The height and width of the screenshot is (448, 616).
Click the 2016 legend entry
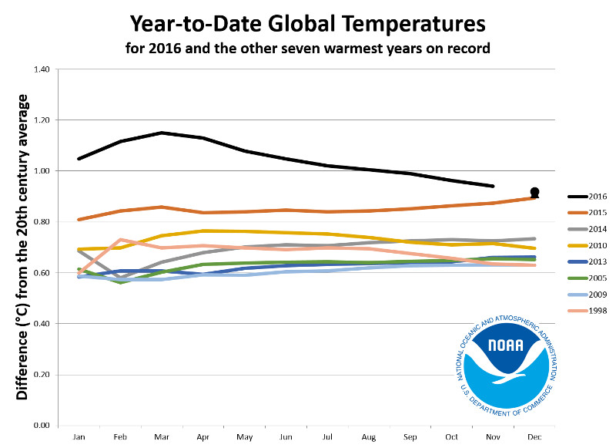pos(591,196)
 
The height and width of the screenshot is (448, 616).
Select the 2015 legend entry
pos(591,212)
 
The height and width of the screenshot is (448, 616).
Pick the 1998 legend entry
pos(591,310)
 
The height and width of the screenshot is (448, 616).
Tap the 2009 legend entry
pos(591,294)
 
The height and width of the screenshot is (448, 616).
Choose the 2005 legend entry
pos(591,278)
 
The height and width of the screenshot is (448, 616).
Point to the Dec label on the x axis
pos(534,436)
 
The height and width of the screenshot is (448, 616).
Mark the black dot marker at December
pos(534,192)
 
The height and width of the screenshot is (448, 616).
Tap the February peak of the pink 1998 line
pos(119,240)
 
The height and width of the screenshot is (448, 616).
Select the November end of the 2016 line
pos(492,186)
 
